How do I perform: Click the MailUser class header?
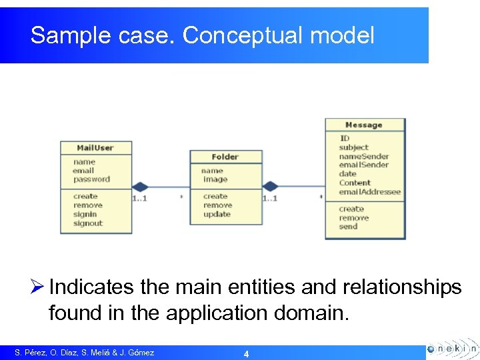(x=95, y=147)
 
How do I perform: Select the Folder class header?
(x=225, y=157)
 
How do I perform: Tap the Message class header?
(x=364, y=125)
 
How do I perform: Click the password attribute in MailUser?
(x=91, y=179)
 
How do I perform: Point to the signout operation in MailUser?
(x=88, y=224)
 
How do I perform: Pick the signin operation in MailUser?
(x=85, y=215)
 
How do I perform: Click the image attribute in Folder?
(x=215, y=179)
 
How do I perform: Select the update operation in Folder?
(x=217, y=215)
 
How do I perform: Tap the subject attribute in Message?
(x=353, y=147)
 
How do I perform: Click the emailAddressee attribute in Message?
(x=369, y=192)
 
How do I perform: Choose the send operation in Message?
(x=348, y=227)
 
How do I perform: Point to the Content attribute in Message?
(x=355, y=183)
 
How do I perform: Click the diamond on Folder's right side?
(x=269, y=187)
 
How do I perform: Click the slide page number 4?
(x=246, y=354)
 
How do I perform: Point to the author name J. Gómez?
(x=137, y=353)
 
